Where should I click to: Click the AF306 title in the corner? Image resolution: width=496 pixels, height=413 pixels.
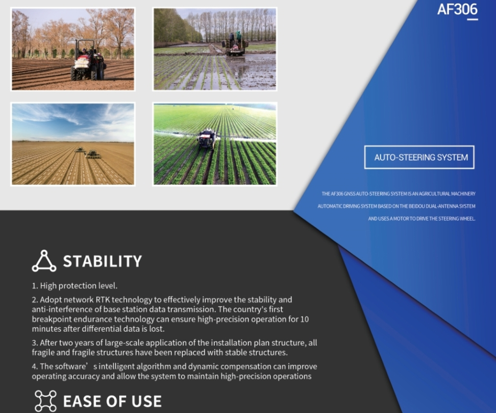[457, 9]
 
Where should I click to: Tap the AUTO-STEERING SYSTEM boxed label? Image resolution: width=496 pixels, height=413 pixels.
[419, 157]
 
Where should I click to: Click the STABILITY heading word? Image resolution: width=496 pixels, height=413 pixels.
[103, 261]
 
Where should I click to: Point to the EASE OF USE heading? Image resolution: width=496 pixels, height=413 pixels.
[112, 401]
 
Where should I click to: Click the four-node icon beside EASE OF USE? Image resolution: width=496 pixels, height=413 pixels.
[45, 401]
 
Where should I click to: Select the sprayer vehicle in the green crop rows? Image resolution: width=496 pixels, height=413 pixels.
[207, 139]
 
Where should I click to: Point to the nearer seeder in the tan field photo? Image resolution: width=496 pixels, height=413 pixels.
[93, 155]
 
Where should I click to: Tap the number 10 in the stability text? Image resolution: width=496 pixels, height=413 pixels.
[304, 319]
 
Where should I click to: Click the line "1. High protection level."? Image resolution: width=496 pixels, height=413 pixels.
[75, 286]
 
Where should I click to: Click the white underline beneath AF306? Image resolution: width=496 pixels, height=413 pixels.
[473, 19]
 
